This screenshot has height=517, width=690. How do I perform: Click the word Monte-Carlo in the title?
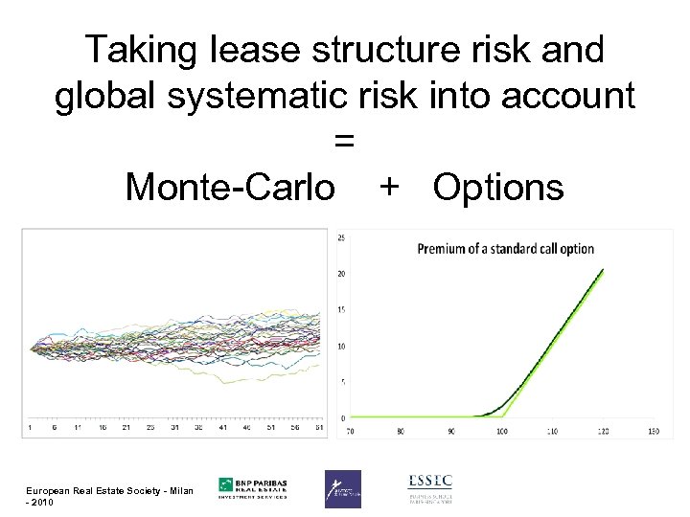click(230, 188)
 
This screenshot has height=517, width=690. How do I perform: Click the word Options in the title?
click(498, 188)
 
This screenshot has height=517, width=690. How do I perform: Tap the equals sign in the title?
click(345, 142)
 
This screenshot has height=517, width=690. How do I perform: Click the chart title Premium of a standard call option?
click(505, 249)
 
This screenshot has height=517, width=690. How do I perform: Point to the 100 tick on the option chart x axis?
click(501, 432)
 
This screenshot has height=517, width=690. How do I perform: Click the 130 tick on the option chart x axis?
click(654, 432)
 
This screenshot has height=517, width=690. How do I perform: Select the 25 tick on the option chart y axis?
click(340, 237)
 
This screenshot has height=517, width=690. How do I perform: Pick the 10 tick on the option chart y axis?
click(340, 346)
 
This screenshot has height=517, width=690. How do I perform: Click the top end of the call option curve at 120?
click(602, 270)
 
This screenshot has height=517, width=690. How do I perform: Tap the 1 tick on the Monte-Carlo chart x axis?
click(30, 428)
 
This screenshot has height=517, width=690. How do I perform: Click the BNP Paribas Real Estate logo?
click(253, 487)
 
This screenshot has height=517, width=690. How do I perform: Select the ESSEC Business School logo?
click(429, 487)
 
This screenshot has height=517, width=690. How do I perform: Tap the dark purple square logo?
click(342, 488)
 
